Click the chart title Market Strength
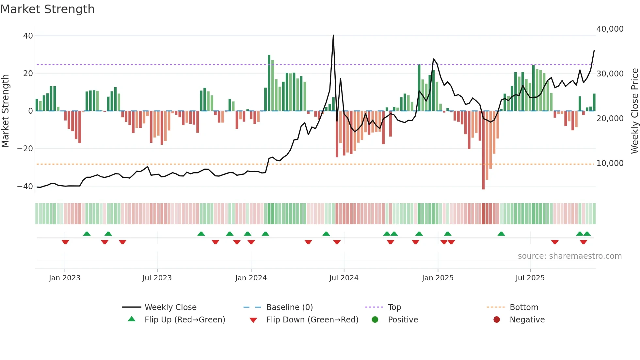[x=47, y=9]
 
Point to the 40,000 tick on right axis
[x=610, y=29]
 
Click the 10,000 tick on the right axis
[x=610, y=163]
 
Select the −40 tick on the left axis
[x=25, y=186]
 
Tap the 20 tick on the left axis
[x=28, y=73]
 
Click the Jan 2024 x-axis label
[x=251, y=278]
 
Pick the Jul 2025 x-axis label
[x=530, y=278]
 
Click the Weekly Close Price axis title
[x=634, y=111]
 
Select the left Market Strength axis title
[x=5, y=111]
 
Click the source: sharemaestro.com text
[x=569, y=256]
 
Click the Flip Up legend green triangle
[x=132, y=319]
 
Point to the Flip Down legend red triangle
[x=253, y=320]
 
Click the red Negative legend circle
[x=497, y=319]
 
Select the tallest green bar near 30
[x=269, y=82]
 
